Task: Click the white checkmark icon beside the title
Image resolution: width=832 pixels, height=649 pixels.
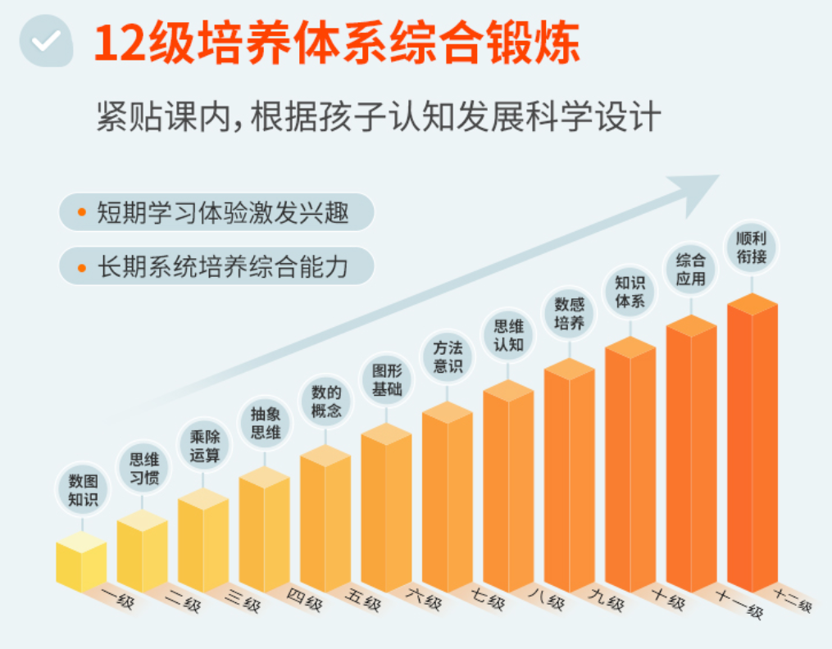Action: coord(47,39)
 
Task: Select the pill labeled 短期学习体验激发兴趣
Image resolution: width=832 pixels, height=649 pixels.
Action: coord(216,212)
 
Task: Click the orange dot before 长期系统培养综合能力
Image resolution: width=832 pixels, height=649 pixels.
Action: coord(81,267)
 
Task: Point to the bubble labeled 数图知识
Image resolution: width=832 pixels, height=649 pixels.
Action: coord(83,489)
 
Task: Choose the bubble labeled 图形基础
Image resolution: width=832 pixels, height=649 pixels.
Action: coord(387,379)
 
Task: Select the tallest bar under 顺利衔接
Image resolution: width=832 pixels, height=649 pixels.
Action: coord(752,442)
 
